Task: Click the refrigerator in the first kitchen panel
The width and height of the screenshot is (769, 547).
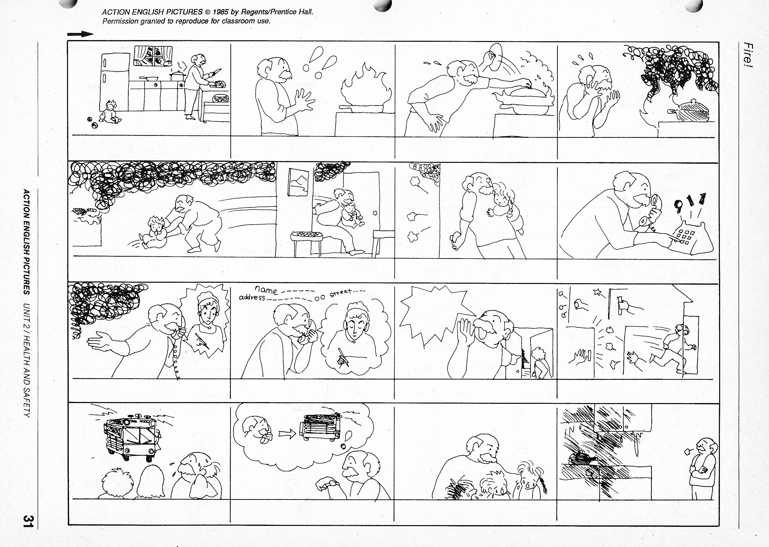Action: pyautogui.click(x=114, y=82)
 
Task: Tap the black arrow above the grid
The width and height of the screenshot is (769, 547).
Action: pyautogui.click(x=80, y=34)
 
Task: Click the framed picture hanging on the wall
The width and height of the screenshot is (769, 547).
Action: pyautogui.click(x=298, y=182)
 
